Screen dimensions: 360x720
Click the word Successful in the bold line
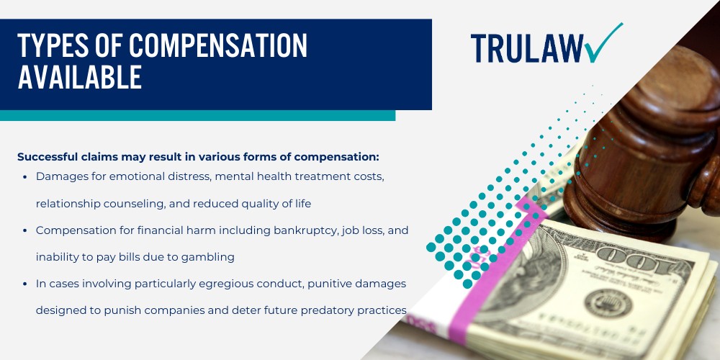click(x=49, y=156)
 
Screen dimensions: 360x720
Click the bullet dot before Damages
click(x=26, y=177)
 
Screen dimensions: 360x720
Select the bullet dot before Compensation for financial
click(x=26, y=230)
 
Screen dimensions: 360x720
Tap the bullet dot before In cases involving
click(x=26, y=284)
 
